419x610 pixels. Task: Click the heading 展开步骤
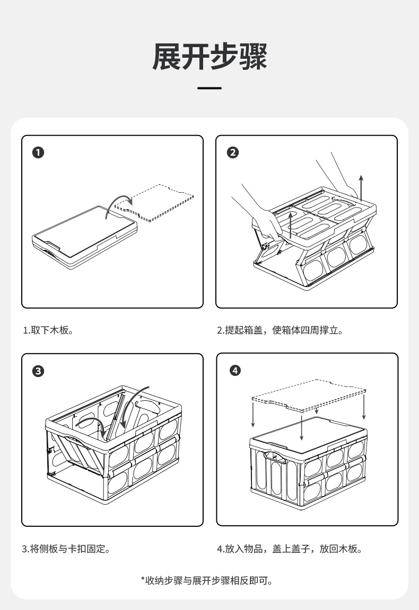[x=210, y=57]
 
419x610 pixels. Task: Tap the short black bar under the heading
[x=210, y=88]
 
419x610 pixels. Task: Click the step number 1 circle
[x=38, y=153]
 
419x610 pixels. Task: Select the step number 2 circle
[x=232, y=153]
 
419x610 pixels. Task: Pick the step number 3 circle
[x=38, y=371]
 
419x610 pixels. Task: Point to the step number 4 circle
[x=235, y=370]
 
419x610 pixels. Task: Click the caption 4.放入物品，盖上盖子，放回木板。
[x=290, y=549]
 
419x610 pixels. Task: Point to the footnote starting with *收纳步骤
[x=210, y=581]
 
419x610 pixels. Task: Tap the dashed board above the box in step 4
[x=308, y=394]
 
